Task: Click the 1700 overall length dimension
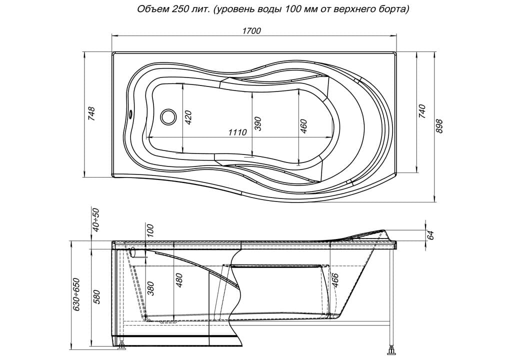click(x=251, y=30)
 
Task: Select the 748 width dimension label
click(x=92, y=114)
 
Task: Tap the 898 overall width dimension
click(x=439, y=126)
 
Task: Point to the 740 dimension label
click(x=422, y=111)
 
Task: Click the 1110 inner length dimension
click(x=237, y=132)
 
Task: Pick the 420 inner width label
click(x=188, y=118)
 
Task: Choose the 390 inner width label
click(x=258, y=123)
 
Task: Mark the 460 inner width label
click(x=303, y=126)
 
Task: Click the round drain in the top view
click(x=168, y=116)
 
